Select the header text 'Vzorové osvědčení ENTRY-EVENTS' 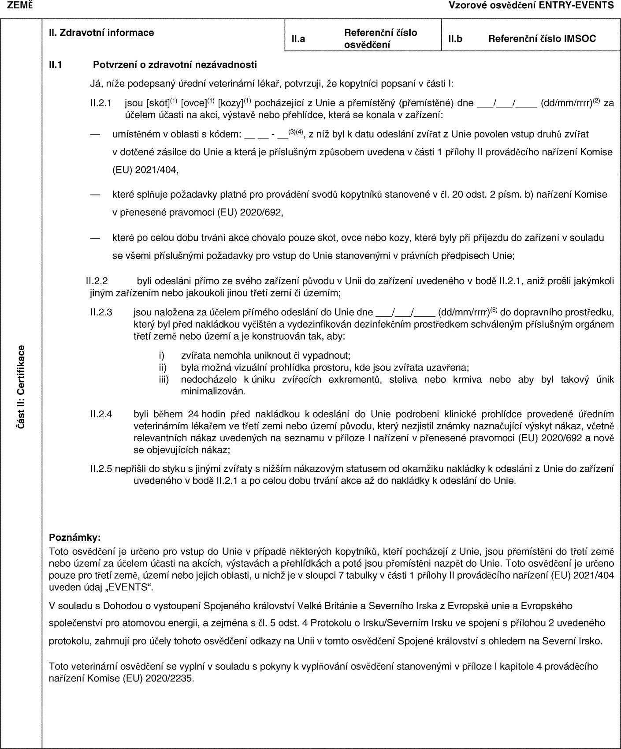click(x=531, y=5)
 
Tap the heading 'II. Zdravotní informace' click(x=101, y=32)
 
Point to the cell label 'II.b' click(x=455, y=39)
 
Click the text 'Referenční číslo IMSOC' click(x=542, y=39)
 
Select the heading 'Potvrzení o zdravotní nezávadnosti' click(x=175, y=65)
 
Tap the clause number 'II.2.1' click(x=100, y=104)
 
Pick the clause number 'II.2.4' click(x=101, y=414)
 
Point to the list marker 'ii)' click(x=163, y=367)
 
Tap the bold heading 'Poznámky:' click(x=75, y=538)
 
